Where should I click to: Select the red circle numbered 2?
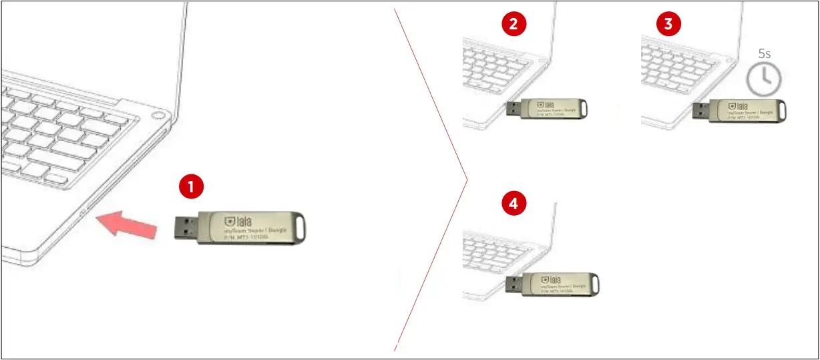coord(514,25)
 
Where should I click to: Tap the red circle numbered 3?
coord(669,25)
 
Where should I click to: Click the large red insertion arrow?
coord(126,223)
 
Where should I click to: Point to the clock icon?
coord(763,79)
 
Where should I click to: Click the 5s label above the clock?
coord(765,54)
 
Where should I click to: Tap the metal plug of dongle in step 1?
coord(187,227)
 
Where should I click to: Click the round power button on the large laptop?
coord(158,118)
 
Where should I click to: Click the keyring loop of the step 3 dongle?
coord(779,109)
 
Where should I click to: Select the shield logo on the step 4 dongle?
coord(546,279)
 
